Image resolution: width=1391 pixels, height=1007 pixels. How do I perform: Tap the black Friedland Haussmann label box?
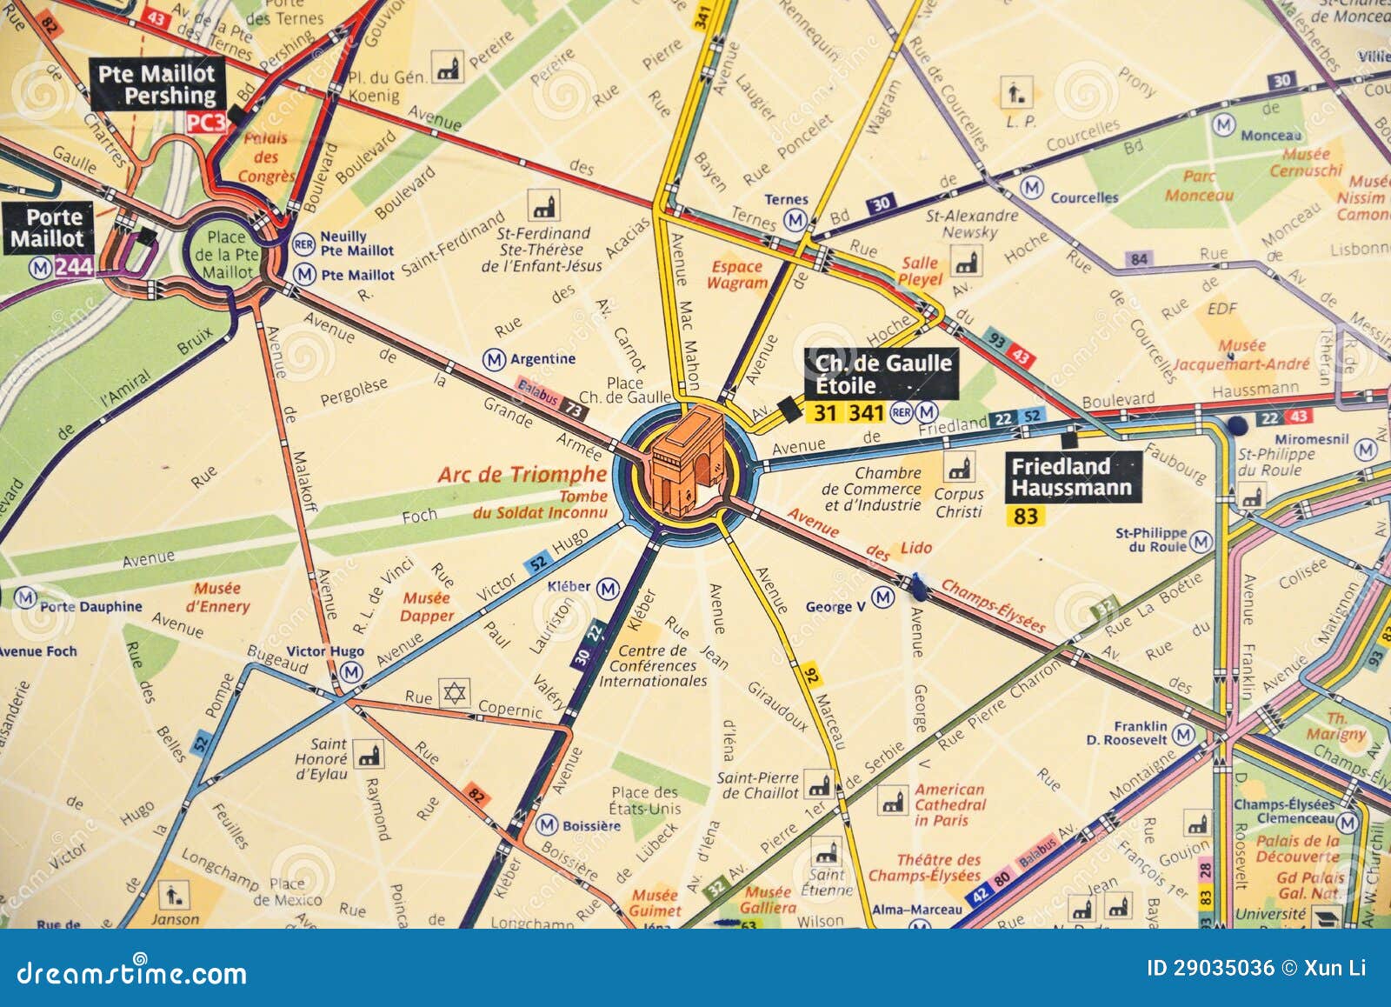(x=1072, y=477)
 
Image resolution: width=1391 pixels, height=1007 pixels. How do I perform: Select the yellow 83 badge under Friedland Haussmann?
(x=1026, y=516)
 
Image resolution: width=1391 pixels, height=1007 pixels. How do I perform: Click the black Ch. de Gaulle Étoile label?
(x=882, y=374)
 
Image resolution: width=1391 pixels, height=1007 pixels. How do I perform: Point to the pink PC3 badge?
(x=206, y=123)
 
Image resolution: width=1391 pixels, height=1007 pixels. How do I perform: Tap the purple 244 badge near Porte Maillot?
(x=73, y=266)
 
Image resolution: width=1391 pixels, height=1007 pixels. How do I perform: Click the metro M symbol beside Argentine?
(x=494, y=359)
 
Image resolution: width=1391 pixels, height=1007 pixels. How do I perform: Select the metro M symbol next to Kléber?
(x=609, y=589)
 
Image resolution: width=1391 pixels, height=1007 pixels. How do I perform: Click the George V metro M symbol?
(x=882, y=597)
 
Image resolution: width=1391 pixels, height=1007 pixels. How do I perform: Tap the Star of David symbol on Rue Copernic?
(x=454, y=693)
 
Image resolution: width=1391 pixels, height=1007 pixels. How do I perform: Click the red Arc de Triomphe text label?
(x=522, y=474)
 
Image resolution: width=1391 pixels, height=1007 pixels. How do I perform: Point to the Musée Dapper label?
(x=427, y=607)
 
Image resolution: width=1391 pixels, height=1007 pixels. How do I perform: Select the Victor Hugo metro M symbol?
(x=350, y=672)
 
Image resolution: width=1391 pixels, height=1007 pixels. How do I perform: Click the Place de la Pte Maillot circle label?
(x=226, y=254)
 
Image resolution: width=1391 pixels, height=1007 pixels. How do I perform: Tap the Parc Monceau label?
(x=1199, y=186)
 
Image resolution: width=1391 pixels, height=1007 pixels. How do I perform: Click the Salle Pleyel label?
(x=920, y=270)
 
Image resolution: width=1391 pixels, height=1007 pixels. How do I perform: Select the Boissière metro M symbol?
(x=547, y=824)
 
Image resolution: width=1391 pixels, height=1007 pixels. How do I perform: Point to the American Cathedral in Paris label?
(x=949, y=804)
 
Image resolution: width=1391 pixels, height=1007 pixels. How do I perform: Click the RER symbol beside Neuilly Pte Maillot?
(x=303, y=243)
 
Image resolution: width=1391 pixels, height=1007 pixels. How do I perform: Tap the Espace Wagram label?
(x=736, y=275)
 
